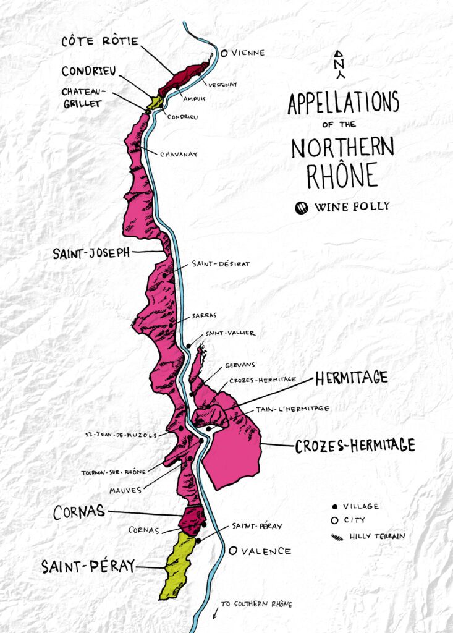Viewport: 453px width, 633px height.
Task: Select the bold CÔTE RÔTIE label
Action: click(99, 43)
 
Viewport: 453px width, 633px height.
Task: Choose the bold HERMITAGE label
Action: click(351, 378)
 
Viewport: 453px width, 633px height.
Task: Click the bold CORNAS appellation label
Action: click(78, 512)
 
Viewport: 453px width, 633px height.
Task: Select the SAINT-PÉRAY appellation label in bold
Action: click(88, 566)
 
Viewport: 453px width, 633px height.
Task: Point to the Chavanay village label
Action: click(179, 155)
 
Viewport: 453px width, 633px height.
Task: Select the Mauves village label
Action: click(127, 490)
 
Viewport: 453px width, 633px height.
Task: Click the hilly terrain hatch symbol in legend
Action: click(336, 537)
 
